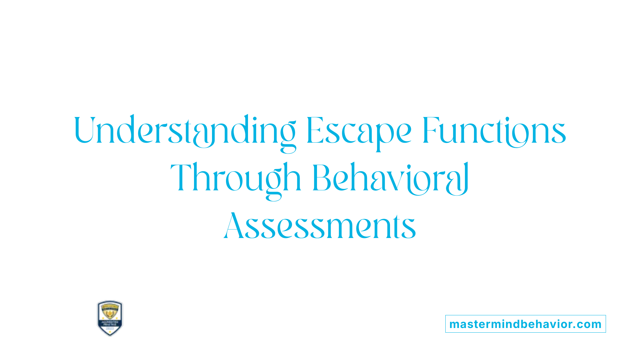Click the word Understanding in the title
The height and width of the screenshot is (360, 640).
click(185, 131)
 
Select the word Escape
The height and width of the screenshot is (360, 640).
click(359, 131)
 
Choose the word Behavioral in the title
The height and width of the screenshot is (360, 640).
click(390, 178)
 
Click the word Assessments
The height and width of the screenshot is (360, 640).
click(320, 226)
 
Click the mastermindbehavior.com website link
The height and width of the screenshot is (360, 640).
click(525, 324)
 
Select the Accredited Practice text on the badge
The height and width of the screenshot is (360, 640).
click(110, 323)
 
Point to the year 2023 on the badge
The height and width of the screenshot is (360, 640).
click(110, 329)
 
